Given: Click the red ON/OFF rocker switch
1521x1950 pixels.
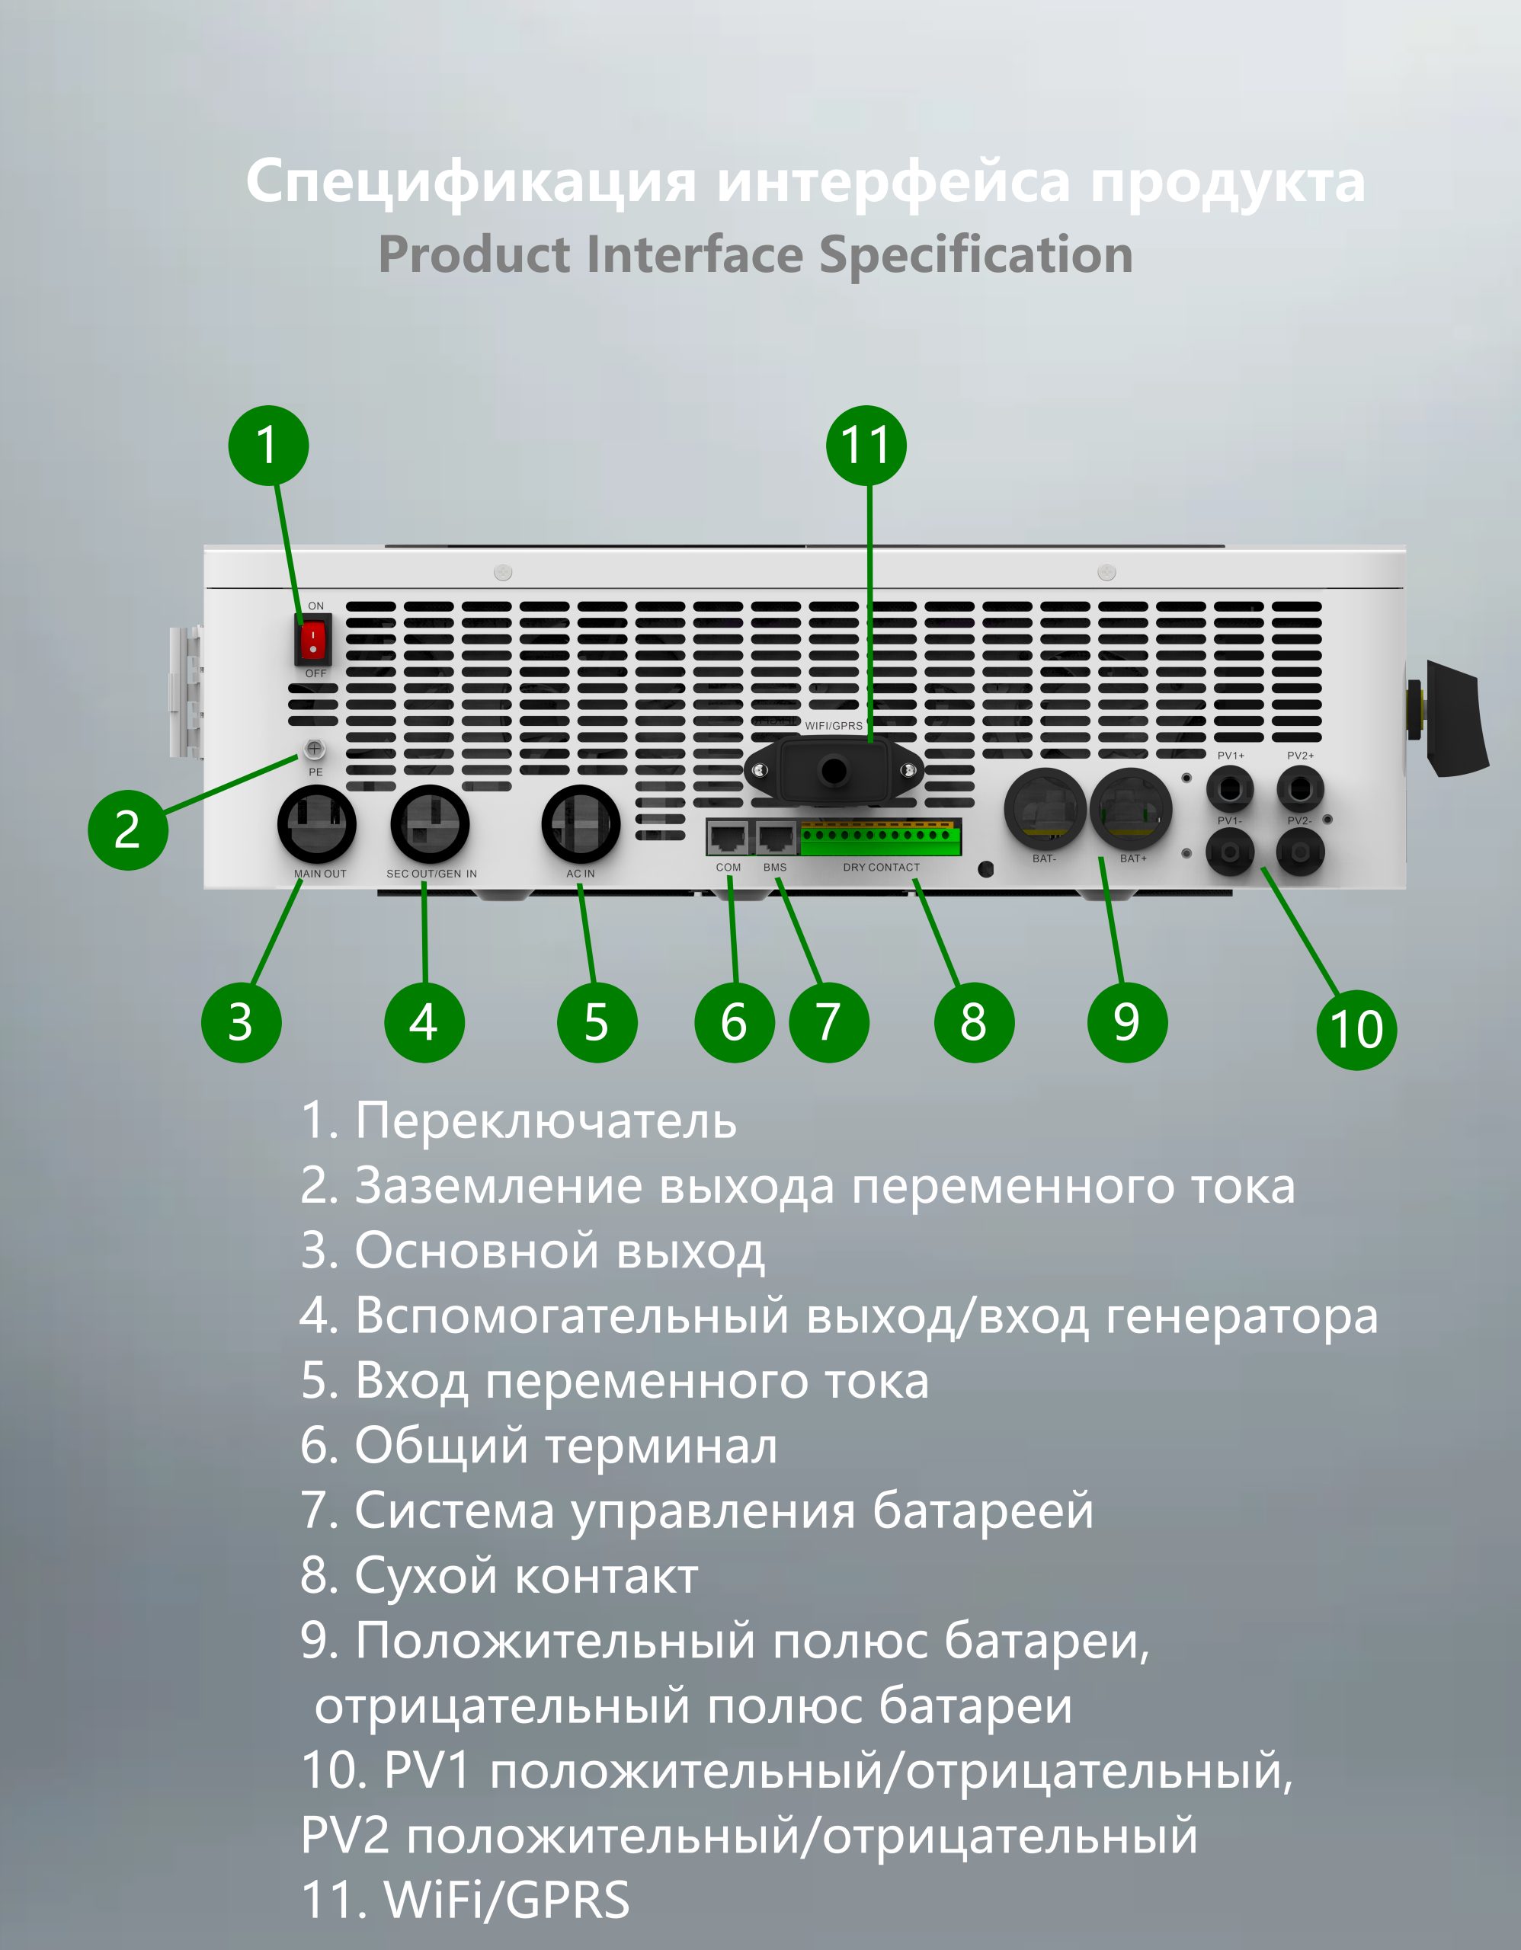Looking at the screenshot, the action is (x=312, y=639).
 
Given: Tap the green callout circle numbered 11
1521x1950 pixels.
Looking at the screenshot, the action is (x=866, y=446).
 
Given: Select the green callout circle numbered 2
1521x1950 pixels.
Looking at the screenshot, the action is (x=128, y=830).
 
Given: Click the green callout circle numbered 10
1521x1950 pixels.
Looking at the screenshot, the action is (x=1356, y=1030).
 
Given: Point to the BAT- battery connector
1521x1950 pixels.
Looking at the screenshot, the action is (x=1045, y=809).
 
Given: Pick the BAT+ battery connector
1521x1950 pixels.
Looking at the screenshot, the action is (x=1131, y=809).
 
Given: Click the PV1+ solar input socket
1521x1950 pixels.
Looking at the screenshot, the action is (x=1230, y=788).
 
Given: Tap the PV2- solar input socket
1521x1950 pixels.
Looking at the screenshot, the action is (x=1301, y=852).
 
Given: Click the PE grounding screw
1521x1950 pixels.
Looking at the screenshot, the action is (x=315, y=748).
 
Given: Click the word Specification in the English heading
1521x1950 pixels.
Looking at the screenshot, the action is (x=976, y=255).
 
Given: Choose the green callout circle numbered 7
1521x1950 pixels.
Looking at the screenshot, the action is (x=829, y=1022).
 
